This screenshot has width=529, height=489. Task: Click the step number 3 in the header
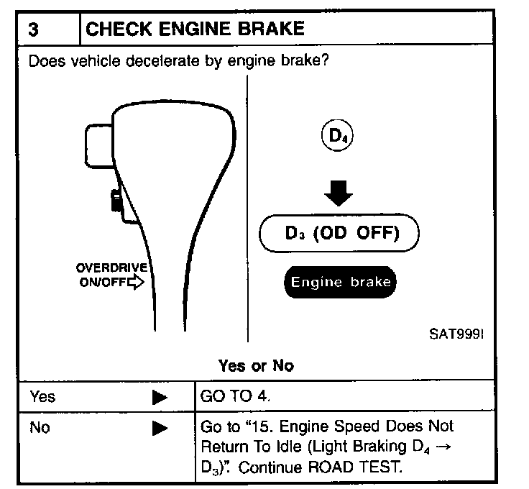(x=34, y=29)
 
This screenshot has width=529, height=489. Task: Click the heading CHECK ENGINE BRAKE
(x=195, y=29)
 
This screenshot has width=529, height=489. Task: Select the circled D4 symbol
(x=335, y=136)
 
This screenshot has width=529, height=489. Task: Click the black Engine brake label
(x=340, y=281)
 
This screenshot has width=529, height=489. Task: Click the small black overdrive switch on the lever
(x=116, y=200)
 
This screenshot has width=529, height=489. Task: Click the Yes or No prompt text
(x=256, y=365)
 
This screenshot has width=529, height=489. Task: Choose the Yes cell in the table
(x=42, y=396)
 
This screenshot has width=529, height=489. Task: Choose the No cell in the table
(x=40, y=428)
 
